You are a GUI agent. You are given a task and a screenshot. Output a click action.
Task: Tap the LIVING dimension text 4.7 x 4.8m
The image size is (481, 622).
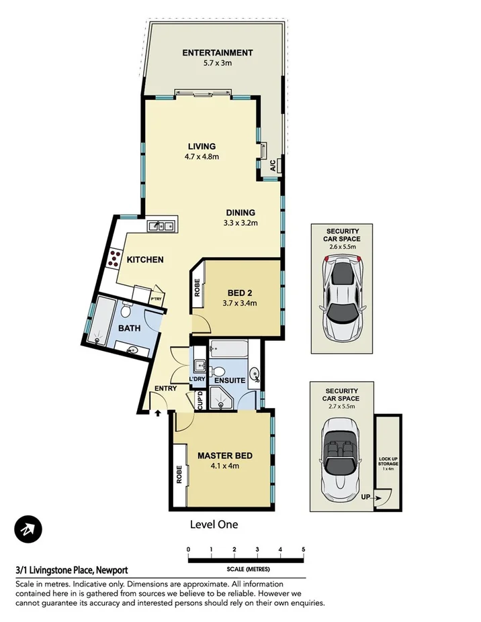202,157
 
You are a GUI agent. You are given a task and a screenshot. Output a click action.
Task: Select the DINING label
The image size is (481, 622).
240,213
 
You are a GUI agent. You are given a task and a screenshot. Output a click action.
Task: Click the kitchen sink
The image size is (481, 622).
162,226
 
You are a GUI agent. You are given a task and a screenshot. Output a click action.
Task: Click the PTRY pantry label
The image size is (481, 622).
156,299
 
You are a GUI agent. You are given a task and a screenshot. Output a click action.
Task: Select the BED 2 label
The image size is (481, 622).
240,293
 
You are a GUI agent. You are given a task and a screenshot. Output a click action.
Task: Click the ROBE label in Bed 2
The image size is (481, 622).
198,289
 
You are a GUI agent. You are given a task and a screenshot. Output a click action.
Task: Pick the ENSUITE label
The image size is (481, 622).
230,380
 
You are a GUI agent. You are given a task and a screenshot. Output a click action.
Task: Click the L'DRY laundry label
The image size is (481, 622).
197,380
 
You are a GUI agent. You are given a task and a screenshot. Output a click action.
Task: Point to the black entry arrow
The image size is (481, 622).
158,415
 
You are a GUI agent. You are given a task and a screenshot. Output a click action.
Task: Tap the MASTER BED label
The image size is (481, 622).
224,456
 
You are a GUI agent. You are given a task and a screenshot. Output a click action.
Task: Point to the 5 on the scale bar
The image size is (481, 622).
304,549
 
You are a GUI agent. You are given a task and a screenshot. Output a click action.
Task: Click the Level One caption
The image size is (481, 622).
214,525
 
